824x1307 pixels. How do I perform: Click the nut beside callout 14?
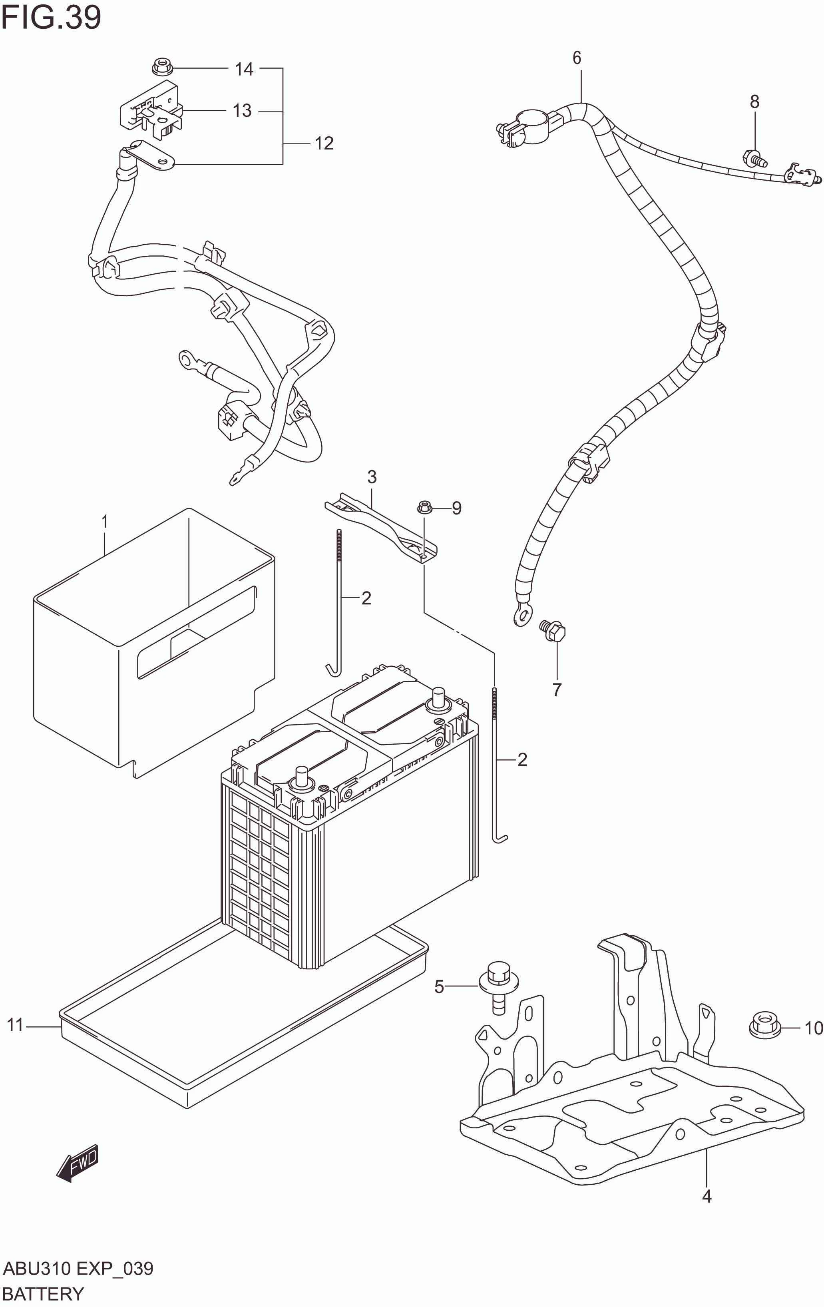pos(161,68)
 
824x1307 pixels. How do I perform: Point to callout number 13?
pos(242,111)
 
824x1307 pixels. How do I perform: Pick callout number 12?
pos(324,143)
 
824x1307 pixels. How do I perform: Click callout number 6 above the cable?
pos(577,58)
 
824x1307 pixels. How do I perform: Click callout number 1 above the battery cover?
pos(105,522)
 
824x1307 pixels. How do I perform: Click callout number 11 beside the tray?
pos(15,1025)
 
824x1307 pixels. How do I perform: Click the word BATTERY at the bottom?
pos(44,1293)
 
